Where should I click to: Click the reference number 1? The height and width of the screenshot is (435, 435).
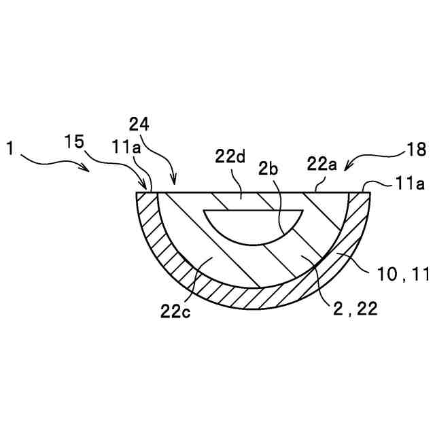point(10,146)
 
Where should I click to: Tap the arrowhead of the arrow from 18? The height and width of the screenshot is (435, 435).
point(345,168)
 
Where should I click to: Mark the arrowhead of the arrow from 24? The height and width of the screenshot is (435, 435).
point(174,184)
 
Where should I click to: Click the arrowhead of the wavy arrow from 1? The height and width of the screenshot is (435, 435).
point(90,170)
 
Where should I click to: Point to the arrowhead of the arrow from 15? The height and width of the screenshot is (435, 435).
point(145,188)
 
